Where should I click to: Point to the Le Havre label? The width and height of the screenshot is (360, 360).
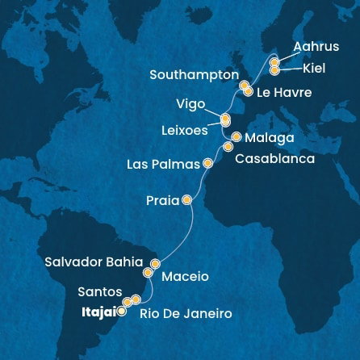pyautogui.click(x=283, y=93)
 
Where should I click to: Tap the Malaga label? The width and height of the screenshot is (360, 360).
pyautogui.click(x=269, y=137)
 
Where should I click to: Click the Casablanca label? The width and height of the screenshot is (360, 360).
pyautogui.click(x=274, y=159)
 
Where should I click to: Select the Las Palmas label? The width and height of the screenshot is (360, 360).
pyautogui.click(x=164, y=164)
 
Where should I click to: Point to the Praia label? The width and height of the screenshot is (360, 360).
pyautogui.click(x=162, y=200)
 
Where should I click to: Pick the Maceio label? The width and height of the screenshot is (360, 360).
pyautogui.click(x=185, y=277)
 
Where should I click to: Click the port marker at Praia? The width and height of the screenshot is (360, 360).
pyautogui.click(x=187, y=199)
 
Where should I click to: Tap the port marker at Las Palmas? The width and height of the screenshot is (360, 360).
pyautogui.click(x=208, y=163)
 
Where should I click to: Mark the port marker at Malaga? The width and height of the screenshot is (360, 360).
pyautogui.click(x=236, y=137)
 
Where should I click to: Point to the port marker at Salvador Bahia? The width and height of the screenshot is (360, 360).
pyautogui.click(x=156, y=263)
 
